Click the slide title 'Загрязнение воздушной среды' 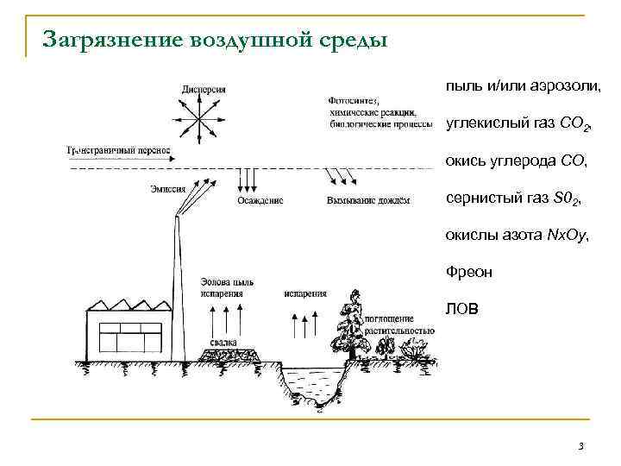click(x=216, y=41)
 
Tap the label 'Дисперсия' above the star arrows click(x=204, y=89)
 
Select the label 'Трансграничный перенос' click(x=118, y=150)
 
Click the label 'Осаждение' click(x=259, y=201)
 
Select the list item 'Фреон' click(x=469, y=272)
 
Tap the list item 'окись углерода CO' click(x=515, y=161)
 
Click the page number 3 click(x=580, y=446)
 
